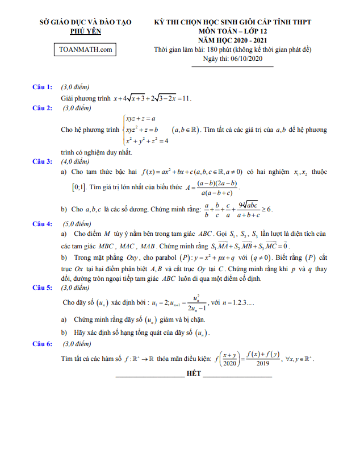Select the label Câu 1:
click(43, 87)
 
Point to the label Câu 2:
click(43, 107)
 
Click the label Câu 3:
click(43, 161)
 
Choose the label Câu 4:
click(43, 224)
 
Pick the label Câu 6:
click(43, 344)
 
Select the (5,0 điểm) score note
click(76, 224)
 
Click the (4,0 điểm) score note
click(76, 161)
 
